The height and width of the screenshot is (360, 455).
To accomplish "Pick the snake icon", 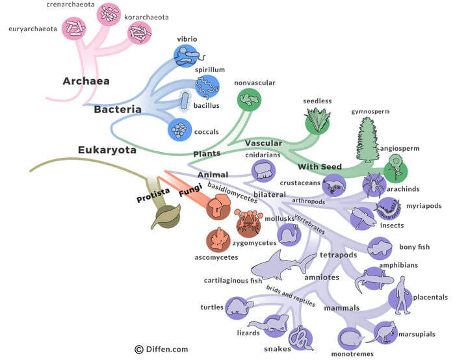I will click(299, 337).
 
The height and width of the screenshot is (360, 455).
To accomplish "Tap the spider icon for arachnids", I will click(374, 185).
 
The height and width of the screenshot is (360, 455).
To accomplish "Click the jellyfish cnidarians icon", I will click(263, 171).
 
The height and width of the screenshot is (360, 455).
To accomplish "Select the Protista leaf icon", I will click(165, 217).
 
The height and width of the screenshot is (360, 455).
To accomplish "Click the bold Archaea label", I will click(86, 82).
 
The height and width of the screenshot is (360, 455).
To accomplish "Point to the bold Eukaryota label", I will click(107, 150).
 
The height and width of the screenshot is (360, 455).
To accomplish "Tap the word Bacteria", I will click(118, 110).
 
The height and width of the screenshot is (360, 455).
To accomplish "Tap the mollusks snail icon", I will click(289, 235).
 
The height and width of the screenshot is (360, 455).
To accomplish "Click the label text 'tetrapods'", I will click(339, 255).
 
